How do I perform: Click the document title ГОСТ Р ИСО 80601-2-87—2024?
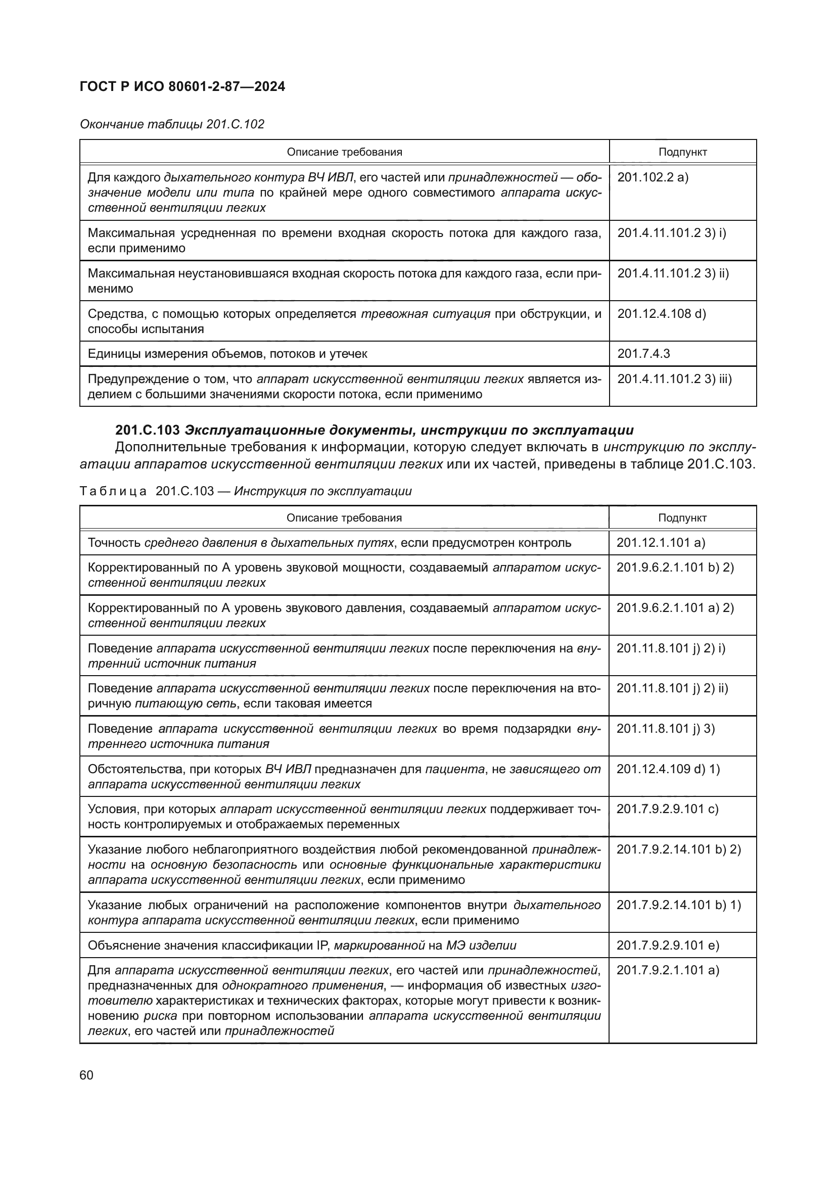coord(182,86)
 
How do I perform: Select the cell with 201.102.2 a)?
coord(652,177)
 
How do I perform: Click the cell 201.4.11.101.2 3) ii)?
coord(673,273)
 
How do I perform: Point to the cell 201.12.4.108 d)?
coord(662,313)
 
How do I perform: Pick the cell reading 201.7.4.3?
coord(643,354)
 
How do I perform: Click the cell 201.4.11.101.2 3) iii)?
coord(674,379)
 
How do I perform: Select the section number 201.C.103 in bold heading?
coord(147,430)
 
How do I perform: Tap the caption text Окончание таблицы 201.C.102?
coord(172,124)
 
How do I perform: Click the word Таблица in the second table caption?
coord(113,491)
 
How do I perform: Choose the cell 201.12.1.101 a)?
coord(661,543)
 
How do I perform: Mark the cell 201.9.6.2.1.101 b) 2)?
coord(675,568)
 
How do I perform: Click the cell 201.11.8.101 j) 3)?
coord(666,729)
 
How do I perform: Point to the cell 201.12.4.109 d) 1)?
coord(668,769)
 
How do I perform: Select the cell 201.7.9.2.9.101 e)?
coord(668,945)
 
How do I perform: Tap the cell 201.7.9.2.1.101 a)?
coord(668,970)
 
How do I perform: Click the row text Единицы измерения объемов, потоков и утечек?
coord(227,354)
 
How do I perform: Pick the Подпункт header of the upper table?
coord(682,152)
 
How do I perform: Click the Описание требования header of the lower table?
coord(344,518)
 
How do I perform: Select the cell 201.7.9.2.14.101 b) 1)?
coord(678,905)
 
